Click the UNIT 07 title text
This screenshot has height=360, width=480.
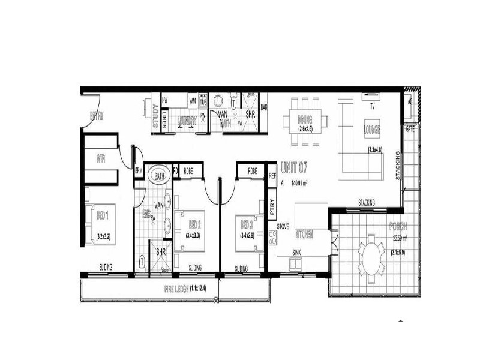[296, 169]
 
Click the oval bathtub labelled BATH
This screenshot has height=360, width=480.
[159, 176]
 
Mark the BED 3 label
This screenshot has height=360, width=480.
[245, 225]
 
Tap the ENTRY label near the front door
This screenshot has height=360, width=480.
[96, 116]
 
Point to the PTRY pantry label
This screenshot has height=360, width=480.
[272, 207]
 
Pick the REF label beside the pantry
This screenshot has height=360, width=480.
[272, 176]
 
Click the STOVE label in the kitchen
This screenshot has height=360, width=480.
[283, 227]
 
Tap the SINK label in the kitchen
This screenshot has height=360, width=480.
[296, 253]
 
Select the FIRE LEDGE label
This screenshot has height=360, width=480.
[186, 289]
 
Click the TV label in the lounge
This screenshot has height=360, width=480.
[372, 106]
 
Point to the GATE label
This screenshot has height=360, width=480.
[410, 129]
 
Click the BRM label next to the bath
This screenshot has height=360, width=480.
[139, 170]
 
